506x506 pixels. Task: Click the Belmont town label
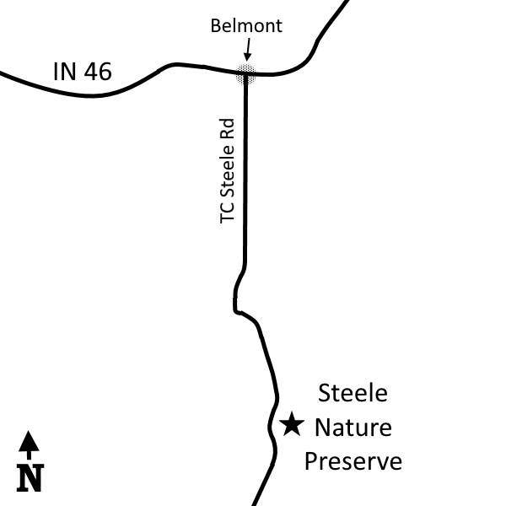click(x=246, y=26)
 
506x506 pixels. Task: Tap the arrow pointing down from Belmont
click(x=248, y=50)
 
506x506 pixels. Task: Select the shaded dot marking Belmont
click(x=246, y=74)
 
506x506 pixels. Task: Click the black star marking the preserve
click(x=292, y=424)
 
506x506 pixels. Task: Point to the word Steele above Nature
click(x=353, y=393)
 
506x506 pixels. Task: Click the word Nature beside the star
click(x=353, y=428)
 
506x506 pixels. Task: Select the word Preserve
click(x=353, y=461)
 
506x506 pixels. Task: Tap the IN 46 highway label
click(x=83, y=72)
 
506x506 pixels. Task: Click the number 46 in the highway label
click(x=98, y=72)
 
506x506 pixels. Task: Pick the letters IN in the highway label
click(x=65, y=72)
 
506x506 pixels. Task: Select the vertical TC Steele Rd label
click(x=227, y=171)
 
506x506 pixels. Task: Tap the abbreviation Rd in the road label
click(x=227, y=129)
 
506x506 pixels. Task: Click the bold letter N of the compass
click(x=30, y=478)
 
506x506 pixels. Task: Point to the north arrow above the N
click(x=29, y=444)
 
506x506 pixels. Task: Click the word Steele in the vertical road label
click(x=227, y=171)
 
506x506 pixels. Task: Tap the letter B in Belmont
click(x=216, y=26)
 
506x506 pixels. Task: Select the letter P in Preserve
click(x=310, y=460)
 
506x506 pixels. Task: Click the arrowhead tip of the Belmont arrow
click(x=247, y=61)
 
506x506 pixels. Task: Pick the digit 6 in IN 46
click(x=105, y=72)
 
